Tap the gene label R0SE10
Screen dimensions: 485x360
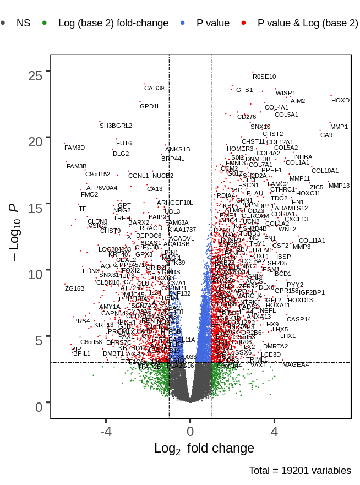point(264,77)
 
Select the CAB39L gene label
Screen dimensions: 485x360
point(155,88)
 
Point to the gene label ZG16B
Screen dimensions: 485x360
point(75,288)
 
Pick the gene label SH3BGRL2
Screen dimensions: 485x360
point(116,126)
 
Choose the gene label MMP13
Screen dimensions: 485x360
point(339,186)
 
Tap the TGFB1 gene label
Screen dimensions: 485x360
point(242,90)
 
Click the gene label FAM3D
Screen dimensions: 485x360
point(75,148)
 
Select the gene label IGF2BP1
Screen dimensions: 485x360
point(312,292)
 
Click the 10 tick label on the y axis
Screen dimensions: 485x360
point(36,274)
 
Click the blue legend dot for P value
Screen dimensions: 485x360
point(183,23)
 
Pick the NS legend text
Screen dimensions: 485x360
point(24,23)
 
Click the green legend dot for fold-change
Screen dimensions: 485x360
point(45,23)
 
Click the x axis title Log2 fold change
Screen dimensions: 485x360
point(204,449)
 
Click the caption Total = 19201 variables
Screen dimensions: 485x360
point(299,471)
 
